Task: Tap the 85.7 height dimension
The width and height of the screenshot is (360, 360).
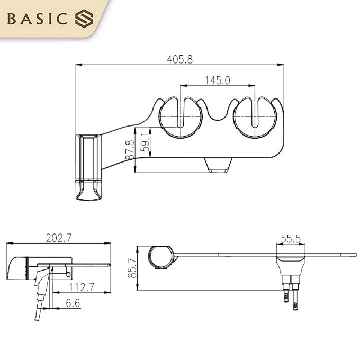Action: (132, 268)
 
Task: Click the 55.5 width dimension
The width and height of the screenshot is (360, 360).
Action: (291, 239)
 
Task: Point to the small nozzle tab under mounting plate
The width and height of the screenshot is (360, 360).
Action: (218, 165)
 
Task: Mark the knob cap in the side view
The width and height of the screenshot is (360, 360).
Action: (17, 268)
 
